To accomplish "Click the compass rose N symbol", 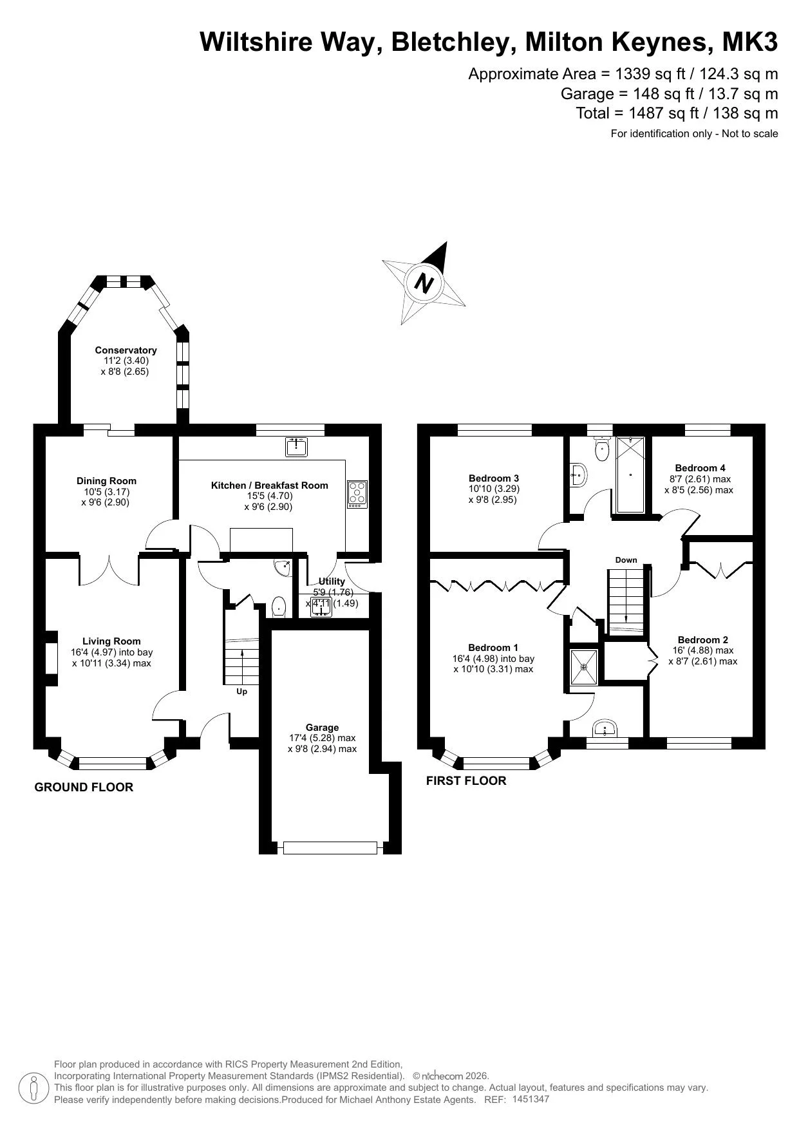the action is point(424,283).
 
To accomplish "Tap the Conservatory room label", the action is point(126,350).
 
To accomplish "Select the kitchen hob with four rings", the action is point(357,493).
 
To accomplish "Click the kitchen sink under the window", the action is point(296,446).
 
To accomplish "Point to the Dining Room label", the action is point(106,481).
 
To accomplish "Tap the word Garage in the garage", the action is point(322,728).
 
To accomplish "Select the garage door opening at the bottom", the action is point(330,848).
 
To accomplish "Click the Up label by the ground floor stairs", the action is point(241,692).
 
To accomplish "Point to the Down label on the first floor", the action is point(626,560).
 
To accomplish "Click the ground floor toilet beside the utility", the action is point(279,607).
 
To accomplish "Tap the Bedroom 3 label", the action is point(494,478).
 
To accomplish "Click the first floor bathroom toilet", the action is point(602,449).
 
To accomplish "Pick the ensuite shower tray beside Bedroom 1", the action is point(584,667).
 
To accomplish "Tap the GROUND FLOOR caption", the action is point(84,787).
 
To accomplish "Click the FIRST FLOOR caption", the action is point(466,781).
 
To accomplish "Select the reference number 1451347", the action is point(531,1099).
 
